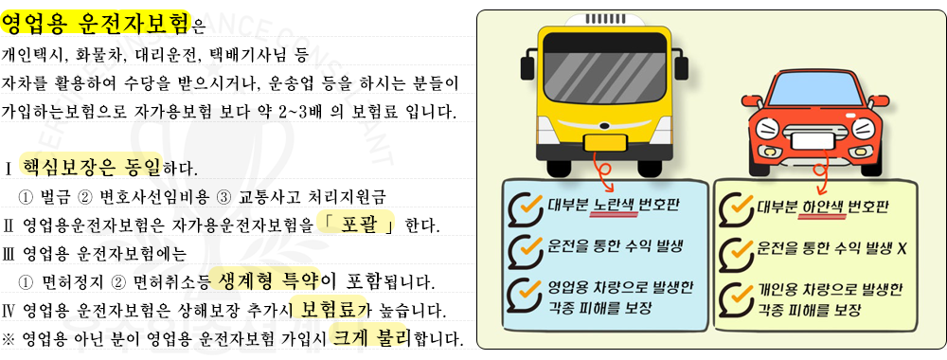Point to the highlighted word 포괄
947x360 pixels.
356,225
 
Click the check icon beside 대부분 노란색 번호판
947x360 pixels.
524,207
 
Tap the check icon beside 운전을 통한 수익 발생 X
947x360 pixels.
738,250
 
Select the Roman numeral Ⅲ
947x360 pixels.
9,254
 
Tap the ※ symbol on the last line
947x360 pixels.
10,339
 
